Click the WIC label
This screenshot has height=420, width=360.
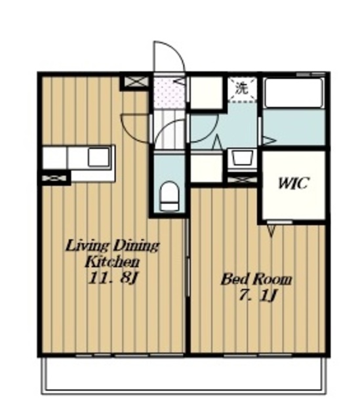coord(294,184)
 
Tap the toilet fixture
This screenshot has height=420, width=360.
coord(169,196)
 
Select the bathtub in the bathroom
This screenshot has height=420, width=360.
coord(294,93)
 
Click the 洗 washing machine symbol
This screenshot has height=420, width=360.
coord(242,89)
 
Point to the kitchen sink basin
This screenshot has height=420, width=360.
coord(99,157)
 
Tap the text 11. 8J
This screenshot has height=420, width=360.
coord(113,278)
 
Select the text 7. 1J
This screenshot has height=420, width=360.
coord(257,295)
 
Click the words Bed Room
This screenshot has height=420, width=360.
coord(256,280)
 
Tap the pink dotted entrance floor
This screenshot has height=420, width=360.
coord(169,93)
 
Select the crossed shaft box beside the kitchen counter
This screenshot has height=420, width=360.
coord(54,178)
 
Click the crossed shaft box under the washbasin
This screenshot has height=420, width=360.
coord(242,179)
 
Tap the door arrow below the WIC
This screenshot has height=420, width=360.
coord(271,230)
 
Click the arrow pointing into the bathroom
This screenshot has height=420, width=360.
coord(269,140)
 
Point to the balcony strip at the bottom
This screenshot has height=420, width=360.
coord(184,375)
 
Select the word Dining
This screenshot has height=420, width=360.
coord(136,246)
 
